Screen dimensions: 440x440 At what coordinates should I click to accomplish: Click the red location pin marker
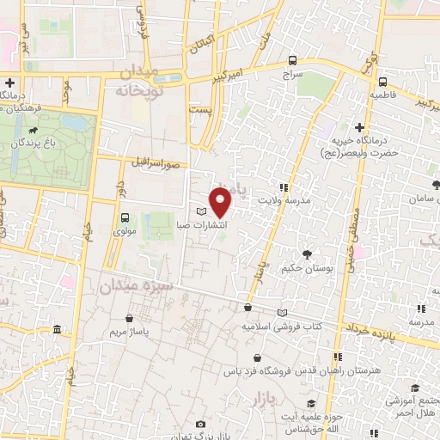tap(221, 201)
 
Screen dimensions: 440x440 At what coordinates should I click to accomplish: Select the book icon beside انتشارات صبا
tap(202, 211)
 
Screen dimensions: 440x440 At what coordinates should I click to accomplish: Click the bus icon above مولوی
tap(125, 217)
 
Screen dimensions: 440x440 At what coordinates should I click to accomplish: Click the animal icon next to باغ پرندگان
tap(32, 132)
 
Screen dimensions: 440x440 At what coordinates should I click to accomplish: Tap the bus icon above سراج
tap(293, 61)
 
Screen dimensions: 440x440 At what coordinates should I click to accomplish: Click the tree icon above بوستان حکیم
tap(306, 254)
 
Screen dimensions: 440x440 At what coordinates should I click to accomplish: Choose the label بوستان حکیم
tap(306, 267)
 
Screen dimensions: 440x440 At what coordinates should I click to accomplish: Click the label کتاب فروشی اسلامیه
tap(281, 327)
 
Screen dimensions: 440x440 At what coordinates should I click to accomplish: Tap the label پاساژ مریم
tap(133, 330)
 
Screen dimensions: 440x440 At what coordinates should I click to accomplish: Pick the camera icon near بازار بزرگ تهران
tap(201, 425)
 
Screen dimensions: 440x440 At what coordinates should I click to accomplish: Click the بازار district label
tap(268, 400)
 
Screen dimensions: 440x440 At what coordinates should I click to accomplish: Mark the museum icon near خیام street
tap(57, 329)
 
